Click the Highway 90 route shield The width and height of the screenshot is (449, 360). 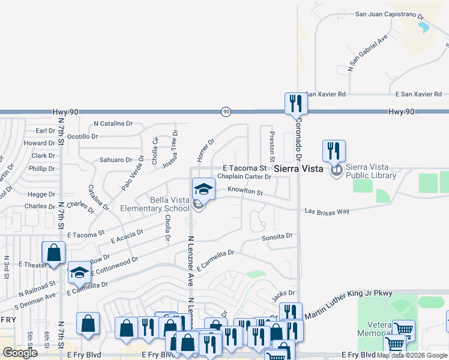226,111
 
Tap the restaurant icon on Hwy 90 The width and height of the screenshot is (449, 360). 295,103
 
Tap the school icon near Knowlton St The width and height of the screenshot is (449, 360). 203,190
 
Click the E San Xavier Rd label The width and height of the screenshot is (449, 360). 418,94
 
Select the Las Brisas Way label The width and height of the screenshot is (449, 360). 327,211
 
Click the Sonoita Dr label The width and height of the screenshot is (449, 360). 277,236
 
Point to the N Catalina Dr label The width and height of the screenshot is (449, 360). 113,124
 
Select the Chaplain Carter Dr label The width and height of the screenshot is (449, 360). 244,176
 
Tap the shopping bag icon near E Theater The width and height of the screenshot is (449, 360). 53,253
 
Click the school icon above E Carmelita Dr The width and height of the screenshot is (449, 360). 79,273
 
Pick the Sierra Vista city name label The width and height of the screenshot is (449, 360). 299,169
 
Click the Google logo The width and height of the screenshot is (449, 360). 20,353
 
